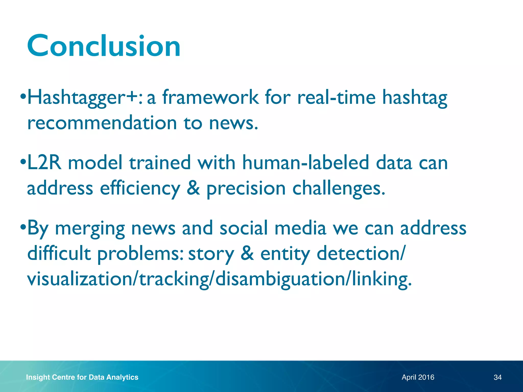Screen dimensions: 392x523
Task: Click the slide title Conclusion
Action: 104,46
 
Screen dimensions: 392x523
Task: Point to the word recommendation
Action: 102,123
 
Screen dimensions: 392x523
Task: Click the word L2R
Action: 44,163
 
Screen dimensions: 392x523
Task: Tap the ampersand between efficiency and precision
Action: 193,188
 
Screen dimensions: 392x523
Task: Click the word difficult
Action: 59,253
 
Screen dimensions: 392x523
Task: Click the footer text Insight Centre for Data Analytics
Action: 82,377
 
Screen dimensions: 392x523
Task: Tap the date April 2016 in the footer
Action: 418,377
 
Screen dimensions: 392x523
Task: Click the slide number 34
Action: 497,377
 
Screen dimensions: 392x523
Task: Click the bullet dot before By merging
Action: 23,227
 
